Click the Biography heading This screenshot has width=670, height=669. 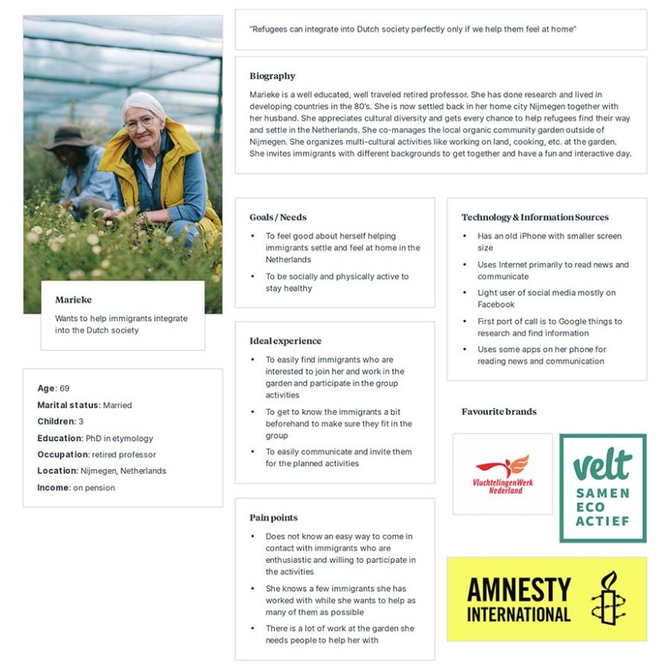(272, 76)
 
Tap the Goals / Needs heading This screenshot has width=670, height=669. (278, 217)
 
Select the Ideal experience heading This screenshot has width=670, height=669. (285, 341)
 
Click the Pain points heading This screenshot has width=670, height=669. (273, 518)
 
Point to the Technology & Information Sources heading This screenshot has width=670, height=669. (535, 217)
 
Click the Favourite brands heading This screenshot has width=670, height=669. (498, 412)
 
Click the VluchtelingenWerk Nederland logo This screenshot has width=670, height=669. (502, 474)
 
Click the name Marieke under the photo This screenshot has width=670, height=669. (73, 300)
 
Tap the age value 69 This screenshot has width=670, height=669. (64, 388)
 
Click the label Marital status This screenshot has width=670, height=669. (68, 405)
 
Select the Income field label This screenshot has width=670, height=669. (53, 487)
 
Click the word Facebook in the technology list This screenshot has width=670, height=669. (496, 304)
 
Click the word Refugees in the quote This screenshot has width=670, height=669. (270, 29)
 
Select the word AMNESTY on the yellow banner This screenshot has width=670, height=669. (519, 590)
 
